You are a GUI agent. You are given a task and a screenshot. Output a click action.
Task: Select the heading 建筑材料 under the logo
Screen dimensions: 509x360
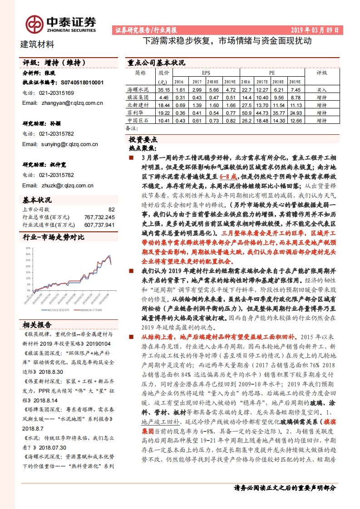tap(38, 44)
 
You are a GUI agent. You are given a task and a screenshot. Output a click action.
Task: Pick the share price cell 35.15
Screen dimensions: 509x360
tap(163, 90)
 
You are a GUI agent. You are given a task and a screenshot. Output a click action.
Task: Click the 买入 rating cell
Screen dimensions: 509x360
tap(322, 90)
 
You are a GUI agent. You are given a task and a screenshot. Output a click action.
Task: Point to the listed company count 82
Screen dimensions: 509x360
tap(112, 210)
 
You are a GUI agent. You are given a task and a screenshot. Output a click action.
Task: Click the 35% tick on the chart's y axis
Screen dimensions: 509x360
tap(28, 248)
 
